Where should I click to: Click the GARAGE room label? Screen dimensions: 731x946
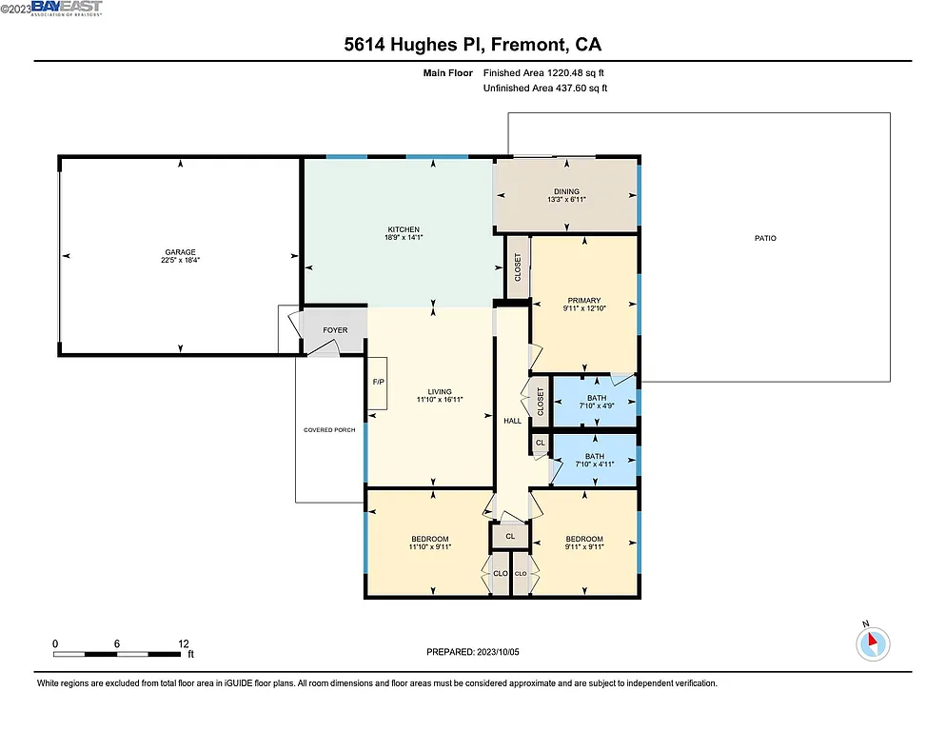point(179,252)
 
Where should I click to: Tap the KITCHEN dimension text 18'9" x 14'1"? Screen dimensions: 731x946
point(404,239)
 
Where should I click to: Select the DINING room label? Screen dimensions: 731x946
point(566,191)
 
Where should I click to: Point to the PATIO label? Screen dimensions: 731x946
point(765,238)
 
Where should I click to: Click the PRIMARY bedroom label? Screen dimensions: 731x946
point(582,300)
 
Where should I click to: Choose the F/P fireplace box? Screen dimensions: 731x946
point(377,383)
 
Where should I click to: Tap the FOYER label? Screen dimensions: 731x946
point(335,330)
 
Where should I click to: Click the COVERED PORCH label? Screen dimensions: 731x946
point(329,430)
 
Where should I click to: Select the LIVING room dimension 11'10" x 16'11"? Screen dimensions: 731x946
point(439,401)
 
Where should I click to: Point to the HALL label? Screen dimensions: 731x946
point(511,421)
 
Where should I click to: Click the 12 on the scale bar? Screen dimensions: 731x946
point(184,643)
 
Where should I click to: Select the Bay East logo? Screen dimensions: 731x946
point(67,9)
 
